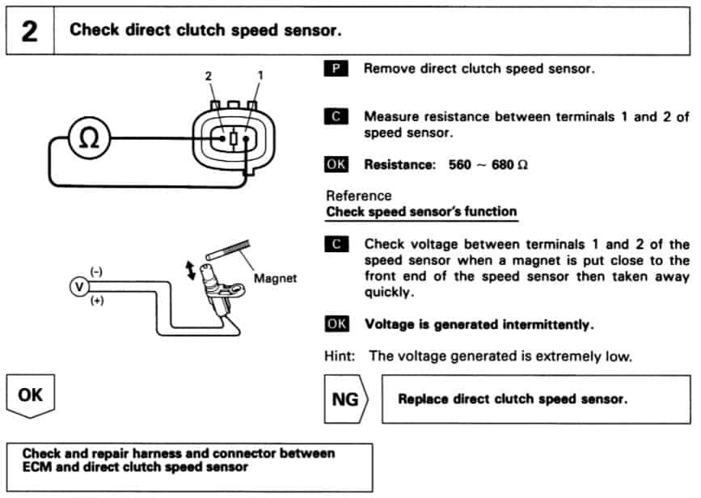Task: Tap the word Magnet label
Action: coord(275,278)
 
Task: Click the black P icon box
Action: coord(335,69)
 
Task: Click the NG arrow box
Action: coord(347,399)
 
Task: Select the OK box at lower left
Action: coord(30,396)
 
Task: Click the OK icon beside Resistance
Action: coord(336,164)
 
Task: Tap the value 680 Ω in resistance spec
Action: coord(512,164)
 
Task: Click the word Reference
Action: coord(358,196)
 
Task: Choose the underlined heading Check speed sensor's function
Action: coord(420,212)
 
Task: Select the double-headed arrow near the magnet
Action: coord(191,269)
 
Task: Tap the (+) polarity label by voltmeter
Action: coord(99,301)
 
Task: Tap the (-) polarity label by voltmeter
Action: coord(95,272)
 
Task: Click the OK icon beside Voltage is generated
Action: coord(336,324)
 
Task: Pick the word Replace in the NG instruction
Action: coord(423,399)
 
